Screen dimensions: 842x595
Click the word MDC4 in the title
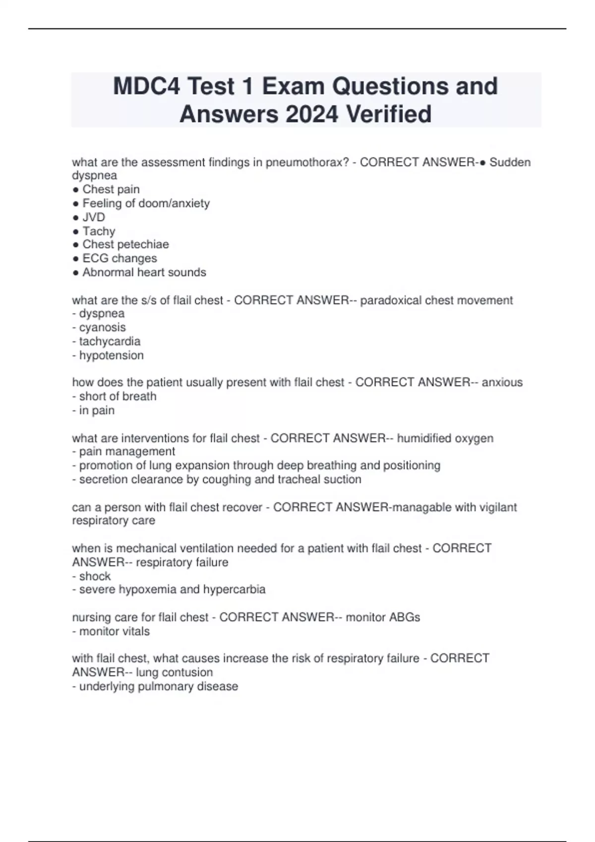tap(144, 87)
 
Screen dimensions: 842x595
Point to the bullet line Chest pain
tap(111, 190)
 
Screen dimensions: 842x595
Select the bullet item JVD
tap(93, 217)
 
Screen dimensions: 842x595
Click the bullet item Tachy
tap(99, 231)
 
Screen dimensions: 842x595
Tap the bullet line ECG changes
tap(119, 259)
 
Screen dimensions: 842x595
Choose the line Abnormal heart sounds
tap(144, 272)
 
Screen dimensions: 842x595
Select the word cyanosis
tap(102, 328)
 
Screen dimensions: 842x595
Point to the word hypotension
tap(111, 356)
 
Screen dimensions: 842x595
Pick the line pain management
tap(127, 452)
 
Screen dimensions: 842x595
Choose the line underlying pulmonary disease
tap(158, 686)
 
